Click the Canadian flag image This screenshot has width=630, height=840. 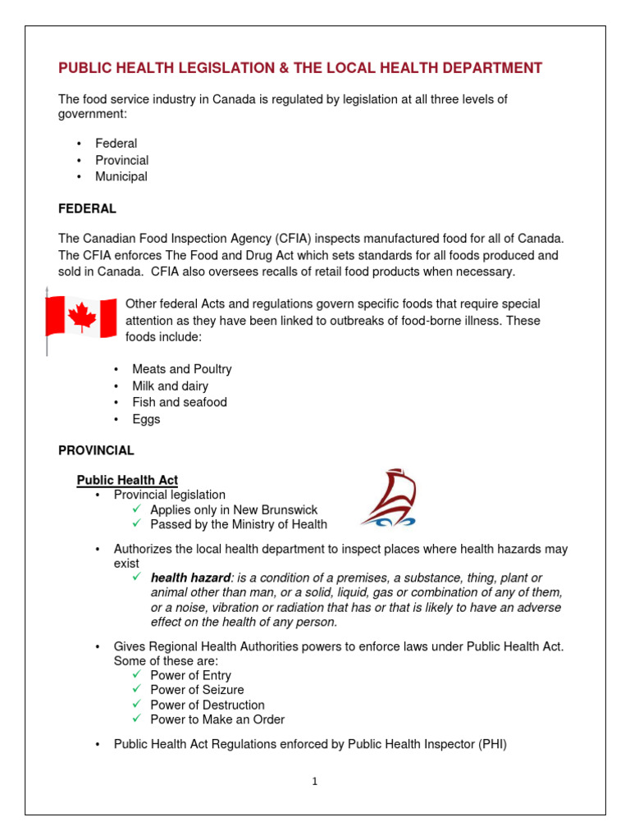point(80,317)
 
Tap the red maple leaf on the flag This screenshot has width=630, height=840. point(81,317)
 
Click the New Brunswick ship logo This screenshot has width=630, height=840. point(389,498)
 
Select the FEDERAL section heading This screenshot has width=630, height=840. point(87,209)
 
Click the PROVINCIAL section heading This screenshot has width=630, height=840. point(96,450)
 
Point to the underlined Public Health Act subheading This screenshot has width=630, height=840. point(127,480)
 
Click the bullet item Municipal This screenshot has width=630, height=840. point(121,176)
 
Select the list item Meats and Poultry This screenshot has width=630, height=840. point(181,369)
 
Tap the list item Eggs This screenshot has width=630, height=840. point(146,419)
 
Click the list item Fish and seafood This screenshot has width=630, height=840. point(179,402)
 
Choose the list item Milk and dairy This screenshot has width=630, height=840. point(170,386)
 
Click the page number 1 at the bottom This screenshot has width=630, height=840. point(314,781)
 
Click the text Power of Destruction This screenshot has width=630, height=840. point(207,705)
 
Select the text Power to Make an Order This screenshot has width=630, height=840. point(217,719)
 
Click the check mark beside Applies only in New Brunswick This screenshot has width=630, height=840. point(138,509)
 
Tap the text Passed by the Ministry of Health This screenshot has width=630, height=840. point(238,524)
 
